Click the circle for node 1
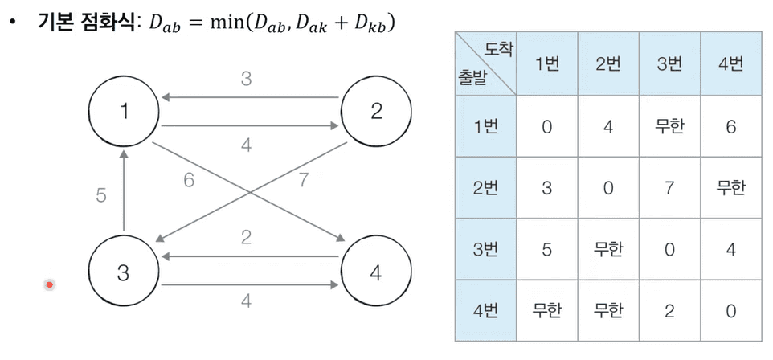pos(124,112)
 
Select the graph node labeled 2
pos(376,112)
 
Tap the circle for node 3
pos(123,272)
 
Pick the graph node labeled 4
pos(376,272)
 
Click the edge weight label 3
pos(247,79)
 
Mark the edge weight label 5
pos(101,195)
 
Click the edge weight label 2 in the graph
pos(247,238)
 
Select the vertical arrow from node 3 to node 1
pos(124,193)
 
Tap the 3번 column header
pos(669,64)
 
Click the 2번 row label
pos(485,188)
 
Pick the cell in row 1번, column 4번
pos(730,127)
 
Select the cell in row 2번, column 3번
pos(669,188)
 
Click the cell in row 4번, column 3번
pos(669,310)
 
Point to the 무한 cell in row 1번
pos(669,127)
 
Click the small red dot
pos(50,284)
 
